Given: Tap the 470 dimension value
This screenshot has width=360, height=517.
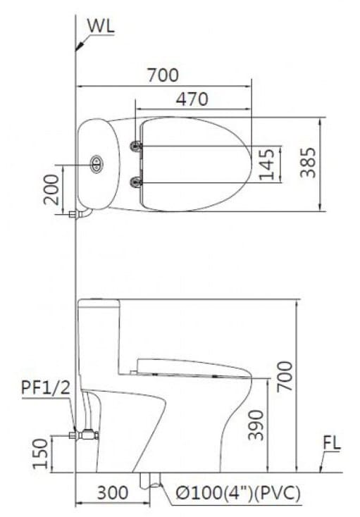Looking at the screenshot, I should click(x=192, y=99).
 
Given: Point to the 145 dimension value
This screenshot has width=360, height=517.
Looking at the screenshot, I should click(x=266, y=164).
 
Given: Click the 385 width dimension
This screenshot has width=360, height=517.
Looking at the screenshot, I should click(x=307, y=163).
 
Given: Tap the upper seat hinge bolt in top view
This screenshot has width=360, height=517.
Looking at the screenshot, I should click(x=136, y=146).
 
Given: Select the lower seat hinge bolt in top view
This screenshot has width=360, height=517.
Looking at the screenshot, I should click(x=136, y=182).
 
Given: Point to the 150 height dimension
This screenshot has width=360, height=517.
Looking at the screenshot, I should click(x=40, y=453).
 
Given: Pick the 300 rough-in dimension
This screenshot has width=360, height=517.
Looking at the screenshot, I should click(x=112, y=493).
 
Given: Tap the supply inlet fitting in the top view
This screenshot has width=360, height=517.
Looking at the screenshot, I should click(x=75, y=213).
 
